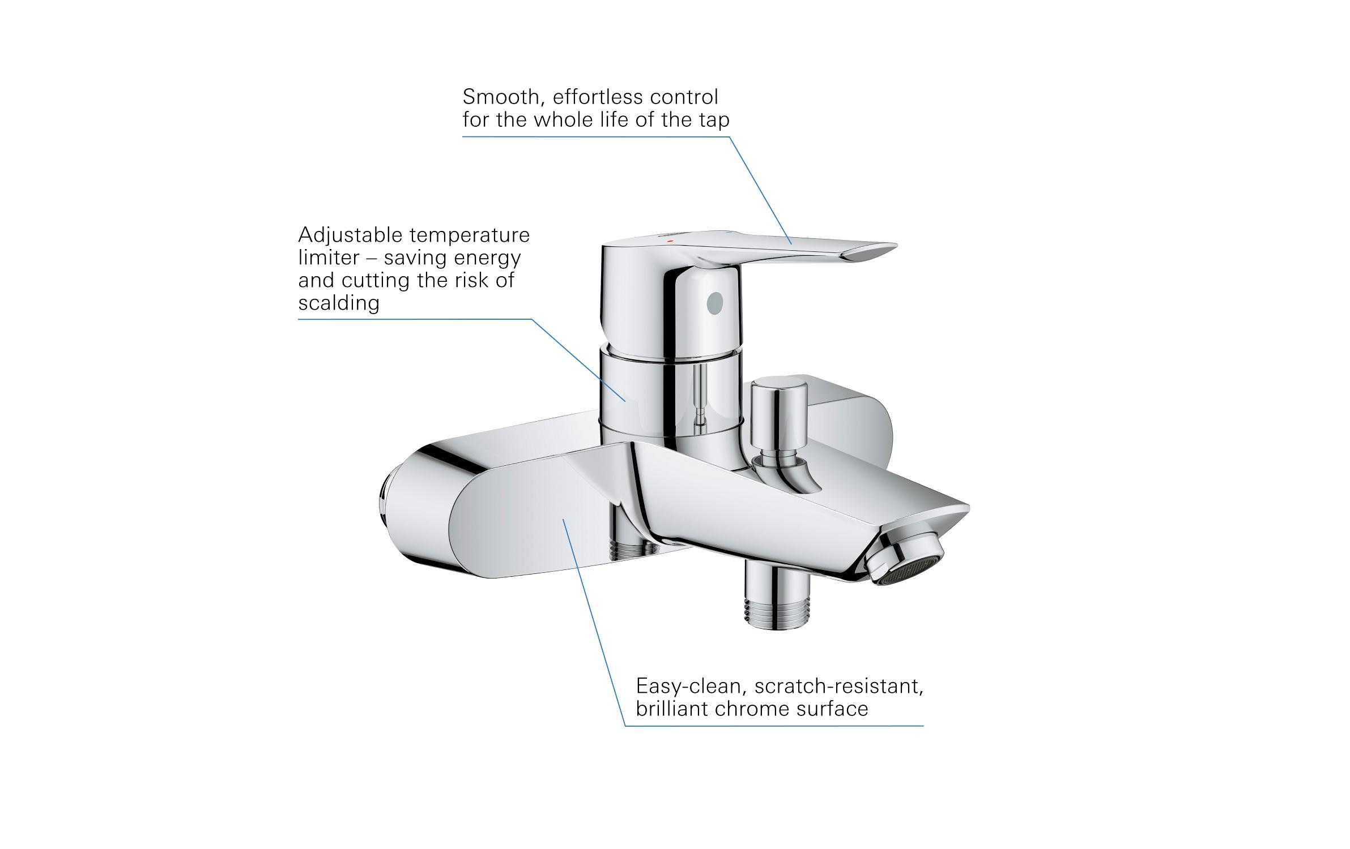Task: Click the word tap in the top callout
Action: [714, 120]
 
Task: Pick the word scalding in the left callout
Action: [339, 303]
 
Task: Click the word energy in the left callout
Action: [491, 258]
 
